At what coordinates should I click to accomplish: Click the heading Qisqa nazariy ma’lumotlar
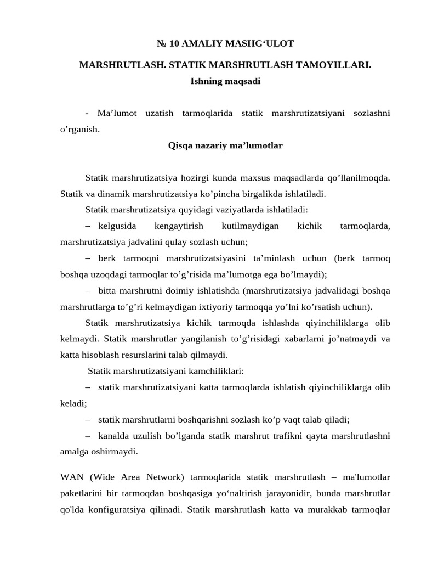225,145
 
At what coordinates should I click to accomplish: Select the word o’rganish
80,130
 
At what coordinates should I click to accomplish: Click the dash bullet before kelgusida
88,226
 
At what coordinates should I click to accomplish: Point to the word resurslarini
149,355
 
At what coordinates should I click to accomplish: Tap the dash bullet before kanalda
88,436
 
